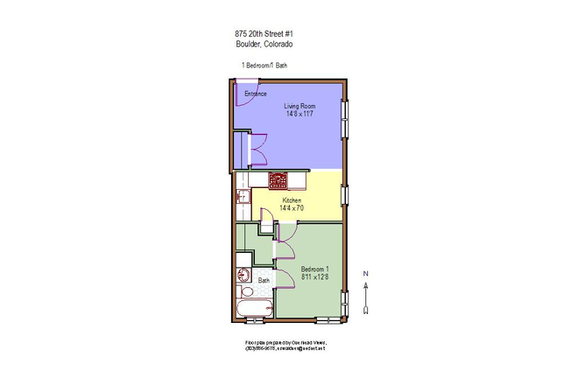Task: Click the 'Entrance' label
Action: [x=255, y=93]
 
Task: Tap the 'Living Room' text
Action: [x=299, y=106]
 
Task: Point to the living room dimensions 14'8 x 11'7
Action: [x=299, y=114]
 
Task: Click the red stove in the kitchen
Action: [x=278, y=180]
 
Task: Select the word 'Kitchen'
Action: [x=292, y=200]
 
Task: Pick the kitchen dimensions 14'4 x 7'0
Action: [x=292, y=208]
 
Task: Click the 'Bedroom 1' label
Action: [x=314, y=269]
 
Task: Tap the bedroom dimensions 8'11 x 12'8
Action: [x=314, y=276]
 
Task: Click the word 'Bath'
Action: [x=264, y=281]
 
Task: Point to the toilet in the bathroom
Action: [x=247, y=291]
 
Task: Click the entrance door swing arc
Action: [x=248, y=98]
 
